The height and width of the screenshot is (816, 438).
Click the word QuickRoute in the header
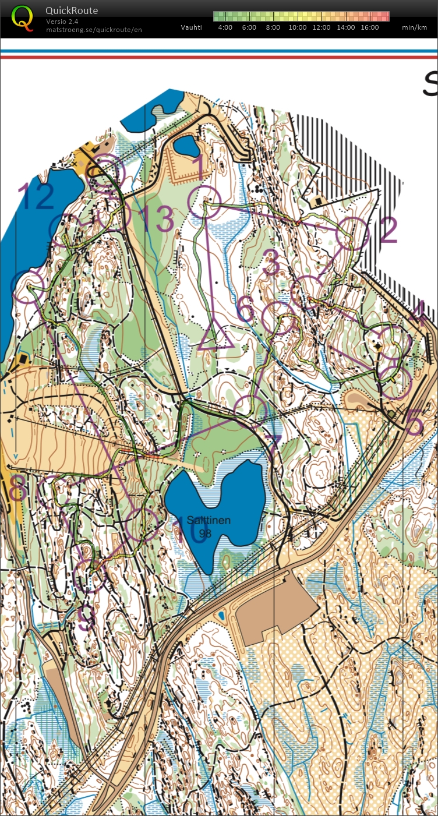click(72, 10)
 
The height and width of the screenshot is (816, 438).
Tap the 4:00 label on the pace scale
click(225, 27)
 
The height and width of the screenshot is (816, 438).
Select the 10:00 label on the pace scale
click(297, 27)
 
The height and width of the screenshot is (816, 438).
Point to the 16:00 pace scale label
click(369, 27)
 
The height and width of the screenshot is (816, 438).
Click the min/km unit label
click(414, 27)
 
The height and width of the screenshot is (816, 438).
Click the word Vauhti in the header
click(192, 27)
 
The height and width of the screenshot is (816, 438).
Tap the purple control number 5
click(414, 423)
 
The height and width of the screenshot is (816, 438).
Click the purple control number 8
click(17, 488)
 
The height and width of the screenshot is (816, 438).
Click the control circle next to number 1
click(204, 202)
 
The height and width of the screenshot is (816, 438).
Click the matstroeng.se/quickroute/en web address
click(94, 29)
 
